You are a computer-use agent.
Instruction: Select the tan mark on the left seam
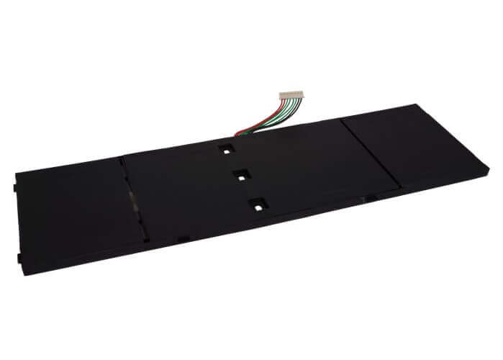(131, 195)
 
